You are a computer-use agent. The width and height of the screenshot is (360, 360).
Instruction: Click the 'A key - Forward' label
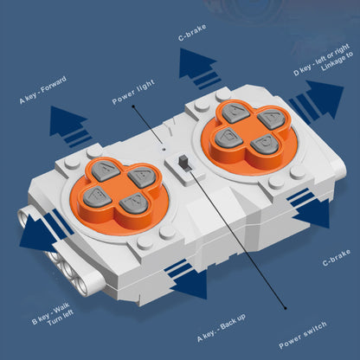click(x=43, y=90)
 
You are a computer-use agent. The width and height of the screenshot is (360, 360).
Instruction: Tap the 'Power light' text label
click(x=133, y=92)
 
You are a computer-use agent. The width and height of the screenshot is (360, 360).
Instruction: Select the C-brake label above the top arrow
click(x=192, y=32)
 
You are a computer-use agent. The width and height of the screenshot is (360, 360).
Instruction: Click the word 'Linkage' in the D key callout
click(x=337, y=61)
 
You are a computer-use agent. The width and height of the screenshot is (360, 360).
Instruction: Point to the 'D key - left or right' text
click(x=321, y=60)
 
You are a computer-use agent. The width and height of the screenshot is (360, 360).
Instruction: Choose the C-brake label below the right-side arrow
click(x=337, y=258)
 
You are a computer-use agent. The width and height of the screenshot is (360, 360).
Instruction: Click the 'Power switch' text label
click(x=303, y=335)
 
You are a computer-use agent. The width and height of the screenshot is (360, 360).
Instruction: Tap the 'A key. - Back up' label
click(x=222, y=328)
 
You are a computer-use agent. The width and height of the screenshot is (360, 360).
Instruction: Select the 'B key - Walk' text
click(x=50, y=313)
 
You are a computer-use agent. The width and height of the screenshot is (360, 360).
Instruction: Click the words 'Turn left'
click(x=61, y=318)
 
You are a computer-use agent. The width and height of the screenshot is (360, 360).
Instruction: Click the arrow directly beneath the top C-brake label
click(x=199, y=68)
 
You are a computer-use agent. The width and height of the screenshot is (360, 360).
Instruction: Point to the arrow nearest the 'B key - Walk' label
click(x=45, y=231)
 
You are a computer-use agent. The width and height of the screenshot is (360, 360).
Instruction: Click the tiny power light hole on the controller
click(x=164, y=150)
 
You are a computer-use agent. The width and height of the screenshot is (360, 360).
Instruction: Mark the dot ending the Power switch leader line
click(x=286, y=308)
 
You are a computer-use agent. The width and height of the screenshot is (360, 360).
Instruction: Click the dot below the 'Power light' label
click(x=133, y=106)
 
